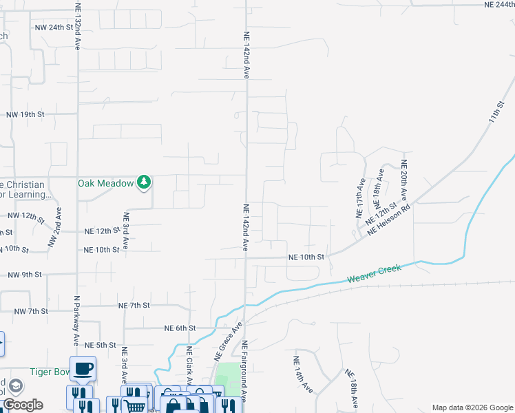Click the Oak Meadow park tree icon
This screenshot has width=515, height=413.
(x=144, y=182)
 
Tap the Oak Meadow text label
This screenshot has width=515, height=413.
(x=105, y=183)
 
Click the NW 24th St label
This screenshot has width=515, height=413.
(x=54, y=28)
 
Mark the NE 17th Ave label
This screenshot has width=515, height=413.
(x=360, y=198)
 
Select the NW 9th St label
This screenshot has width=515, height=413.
(x=25, y=275)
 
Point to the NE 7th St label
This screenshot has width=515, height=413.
(x=134, y=305)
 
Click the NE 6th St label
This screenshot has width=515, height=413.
(x=180, y=328)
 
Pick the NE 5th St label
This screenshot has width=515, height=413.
(x=100, y=345)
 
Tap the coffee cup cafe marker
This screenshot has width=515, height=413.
(x=83, y=369)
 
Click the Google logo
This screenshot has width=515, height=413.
(x=23, y=405)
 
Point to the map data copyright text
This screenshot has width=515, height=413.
(x=472, y=407)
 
